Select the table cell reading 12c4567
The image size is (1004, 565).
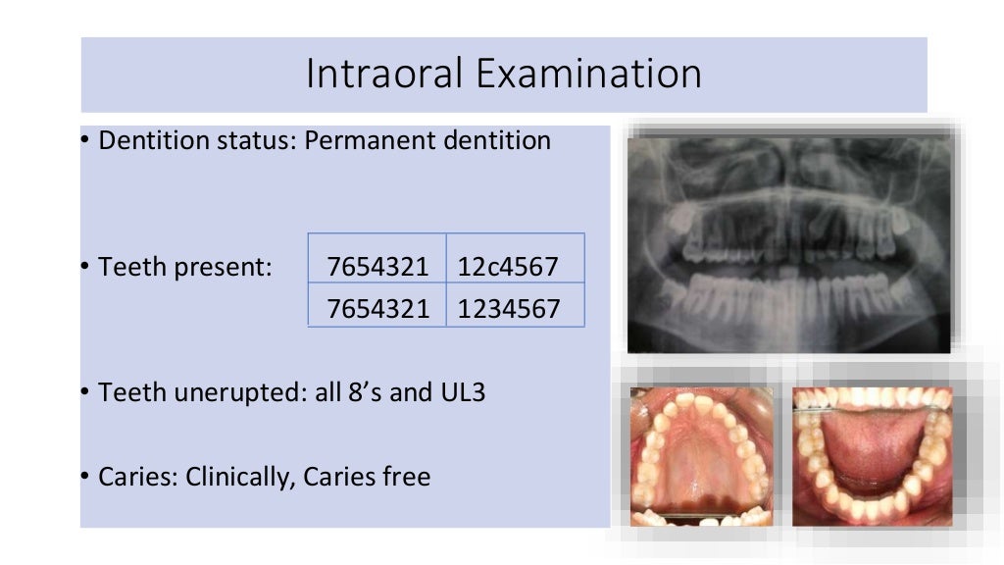point(508,266)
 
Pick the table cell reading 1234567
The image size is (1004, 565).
point(508,309)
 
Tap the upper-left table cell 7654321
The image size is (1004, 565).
point(378,266)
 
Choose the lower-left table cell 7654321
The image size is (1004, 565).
point(378,309)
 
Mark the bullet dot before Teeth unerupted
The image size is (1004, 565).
point(85,392)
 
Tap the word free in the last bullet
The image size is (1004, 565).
point(407,478)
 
